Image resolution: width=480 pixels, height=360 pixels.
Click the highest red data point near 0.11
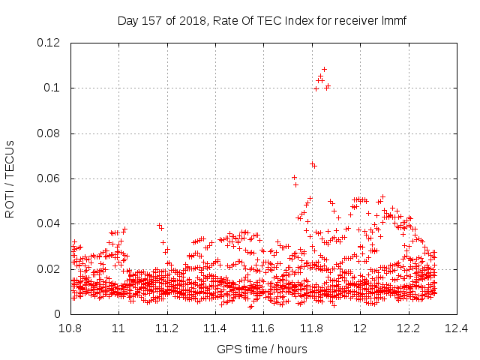pos(324,70)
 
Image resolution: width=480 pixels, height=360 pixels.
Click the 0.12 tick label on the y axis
pos(48,43)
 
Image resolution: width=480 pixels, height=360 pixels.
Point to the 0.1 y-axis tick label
pos(52,88)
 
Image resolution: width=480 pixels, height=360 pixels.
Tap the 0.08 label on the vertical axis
pos(48,133)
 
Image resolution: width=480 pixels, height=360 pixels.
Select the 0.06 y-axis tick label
pos(48,178)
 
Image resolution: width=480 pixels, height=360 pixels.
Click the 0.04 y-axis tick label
pos(48,223)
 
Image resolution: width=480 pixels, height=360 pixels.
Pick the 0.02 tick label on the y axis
pos(48,269)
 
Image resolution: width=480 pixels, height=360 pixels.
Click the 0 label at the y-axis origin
pos(57,314)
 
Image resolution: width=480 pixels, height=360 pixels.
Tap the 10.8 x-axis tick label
pos(70,328)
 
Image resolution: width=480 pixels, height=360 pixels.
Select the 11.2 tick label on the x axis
pos(167,328)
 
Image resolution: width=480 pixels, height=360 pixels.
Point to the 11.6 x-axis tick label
pos(263,328)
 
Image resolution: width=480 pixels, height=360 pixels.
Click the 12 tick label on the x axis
pos(360,328)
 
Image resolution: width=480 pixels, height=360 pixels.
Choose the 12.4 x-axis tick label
pos(457,328)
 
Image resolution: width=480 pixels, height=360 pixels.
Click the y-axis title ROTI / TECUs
pos(10,179)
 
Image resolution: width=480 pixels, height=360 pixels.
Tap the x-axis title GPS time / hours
pos(262,349)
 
